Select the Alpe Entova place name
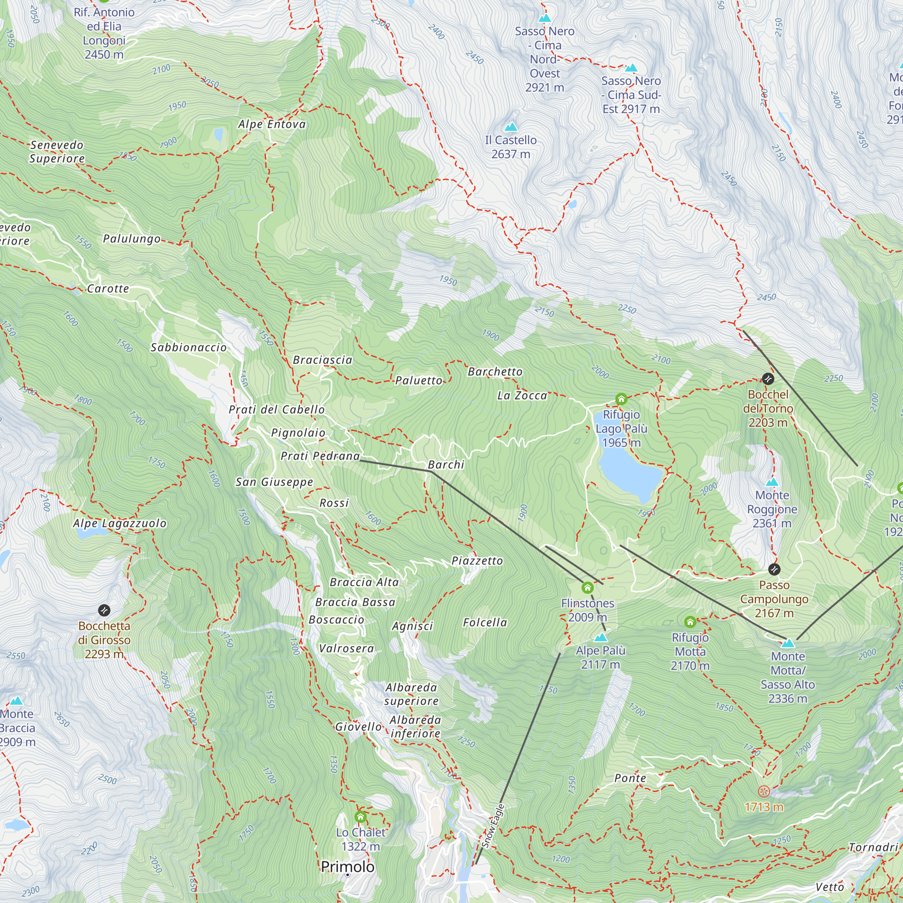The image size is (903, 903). point(271,124)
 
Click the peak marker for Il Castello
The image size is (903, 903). point(511,127)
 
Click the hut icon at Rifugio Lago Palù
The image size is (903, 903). point(621,399)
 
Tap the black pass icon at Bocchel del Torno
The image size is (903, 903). point(768,379)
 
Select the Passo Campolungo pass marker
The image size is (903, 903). point(774,569)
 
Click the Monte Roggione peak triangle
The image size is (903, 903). point(772,482)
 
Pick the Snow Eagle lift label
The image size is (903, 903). point(493,826)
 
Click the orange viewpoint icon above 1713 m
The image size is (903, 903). point(764,791)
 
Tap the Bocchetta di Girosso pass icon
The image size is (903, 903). point(104,610)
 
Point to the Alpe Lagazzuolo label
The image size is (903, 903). point(120,523)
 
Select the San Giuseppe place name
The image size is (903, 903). point(274,482)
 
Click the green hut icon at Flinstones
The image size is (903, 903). point(587,587)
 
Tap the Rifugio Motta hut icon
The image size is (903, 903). point(690,622)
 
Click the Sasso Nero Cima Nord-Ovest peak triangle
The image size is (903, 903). point(545,18)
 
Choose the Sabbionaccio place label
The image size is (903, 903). point(188,347)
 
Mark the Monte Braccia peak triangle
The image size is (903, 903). point(17,701)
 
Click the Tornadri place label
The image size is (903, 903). point(873,847)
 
